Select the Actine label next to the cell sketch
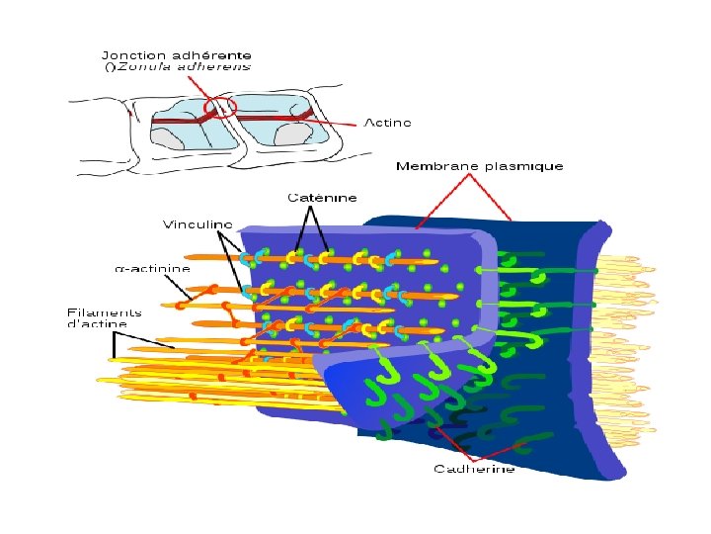387,123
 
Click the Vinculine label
197,224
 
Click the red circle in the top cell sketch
220,106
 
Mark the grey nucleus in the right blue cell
294,133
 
